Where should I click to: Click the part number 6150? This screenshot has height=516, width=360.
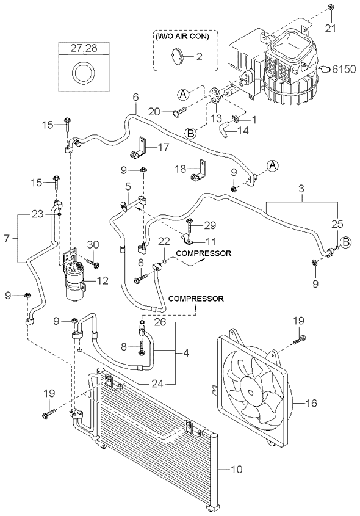pyautogui.click(x=344, y=69)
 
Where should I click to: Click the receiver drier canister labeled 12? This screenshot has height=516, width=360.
pyautogui.click(x=76, y=282)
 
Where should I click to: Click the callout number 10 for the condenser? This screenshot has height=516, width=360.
pyautogui.click(x=237, y=469)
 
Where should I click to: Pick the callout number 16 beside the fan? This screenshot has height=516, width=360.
pyautogui.click(x=311, y=403)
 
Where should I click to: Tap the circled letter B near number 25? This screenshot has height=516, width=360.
pyautogui.click(x=345, y=242)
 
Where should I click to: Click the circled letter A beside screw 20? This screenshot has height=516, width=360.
pyautogui.click(x=184, y=95)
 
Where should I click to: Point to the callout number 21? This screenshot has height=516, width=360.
pyautogui.click(x=331, y=28)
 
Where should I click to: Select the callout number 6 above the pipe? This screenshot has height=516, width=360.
pyautogui.click(x=136, y=97)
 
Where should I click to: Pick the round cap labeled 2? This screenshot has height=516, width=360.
pyautogui.click(x=176, y=56)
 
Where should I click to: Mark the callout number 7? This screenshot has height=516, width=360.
pyautogui.click(x=7, y=238)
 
